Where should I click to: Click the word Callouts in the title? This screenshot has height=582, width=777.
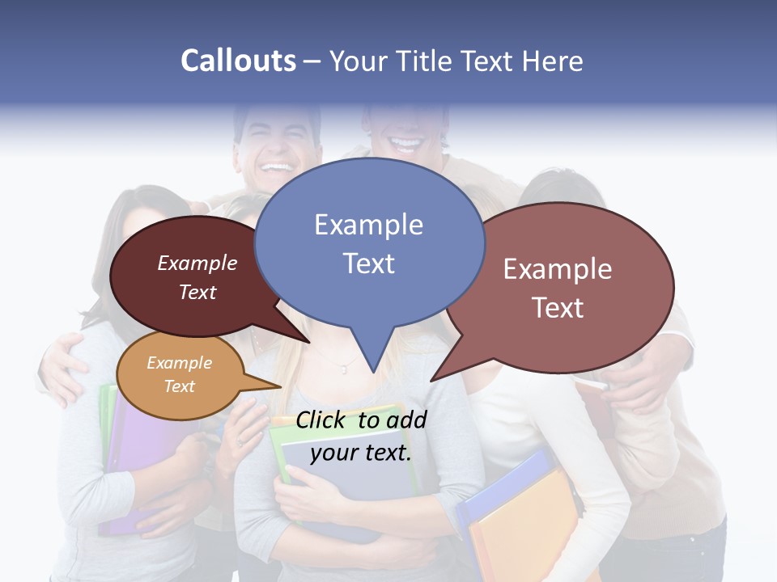(238, 61)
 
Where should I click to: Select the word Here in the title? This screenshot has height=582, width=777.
(553, 61)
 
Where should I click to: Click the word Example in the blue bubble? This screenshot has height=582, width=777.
(368, 225)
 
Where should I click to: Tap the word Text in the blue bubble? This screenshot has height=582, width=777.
(368, 264)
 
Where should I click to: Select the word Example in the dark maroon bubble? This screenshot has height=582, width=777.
(197, 264)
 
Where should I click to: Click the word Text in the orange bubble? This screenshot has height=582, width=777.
(179, 386)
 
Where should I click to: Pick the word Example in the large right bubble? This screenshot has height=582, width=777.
(558, 269)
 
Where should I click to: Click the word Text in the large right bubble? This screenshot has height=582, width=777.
(558, 308)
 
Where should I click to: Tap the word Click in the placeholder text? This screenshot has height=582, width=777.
(322, 420)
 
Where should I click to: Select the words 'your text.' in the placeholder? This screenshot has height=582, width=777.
(360, 453)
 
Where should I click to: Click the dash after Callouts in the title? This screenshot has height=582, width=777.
(313, 61)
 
